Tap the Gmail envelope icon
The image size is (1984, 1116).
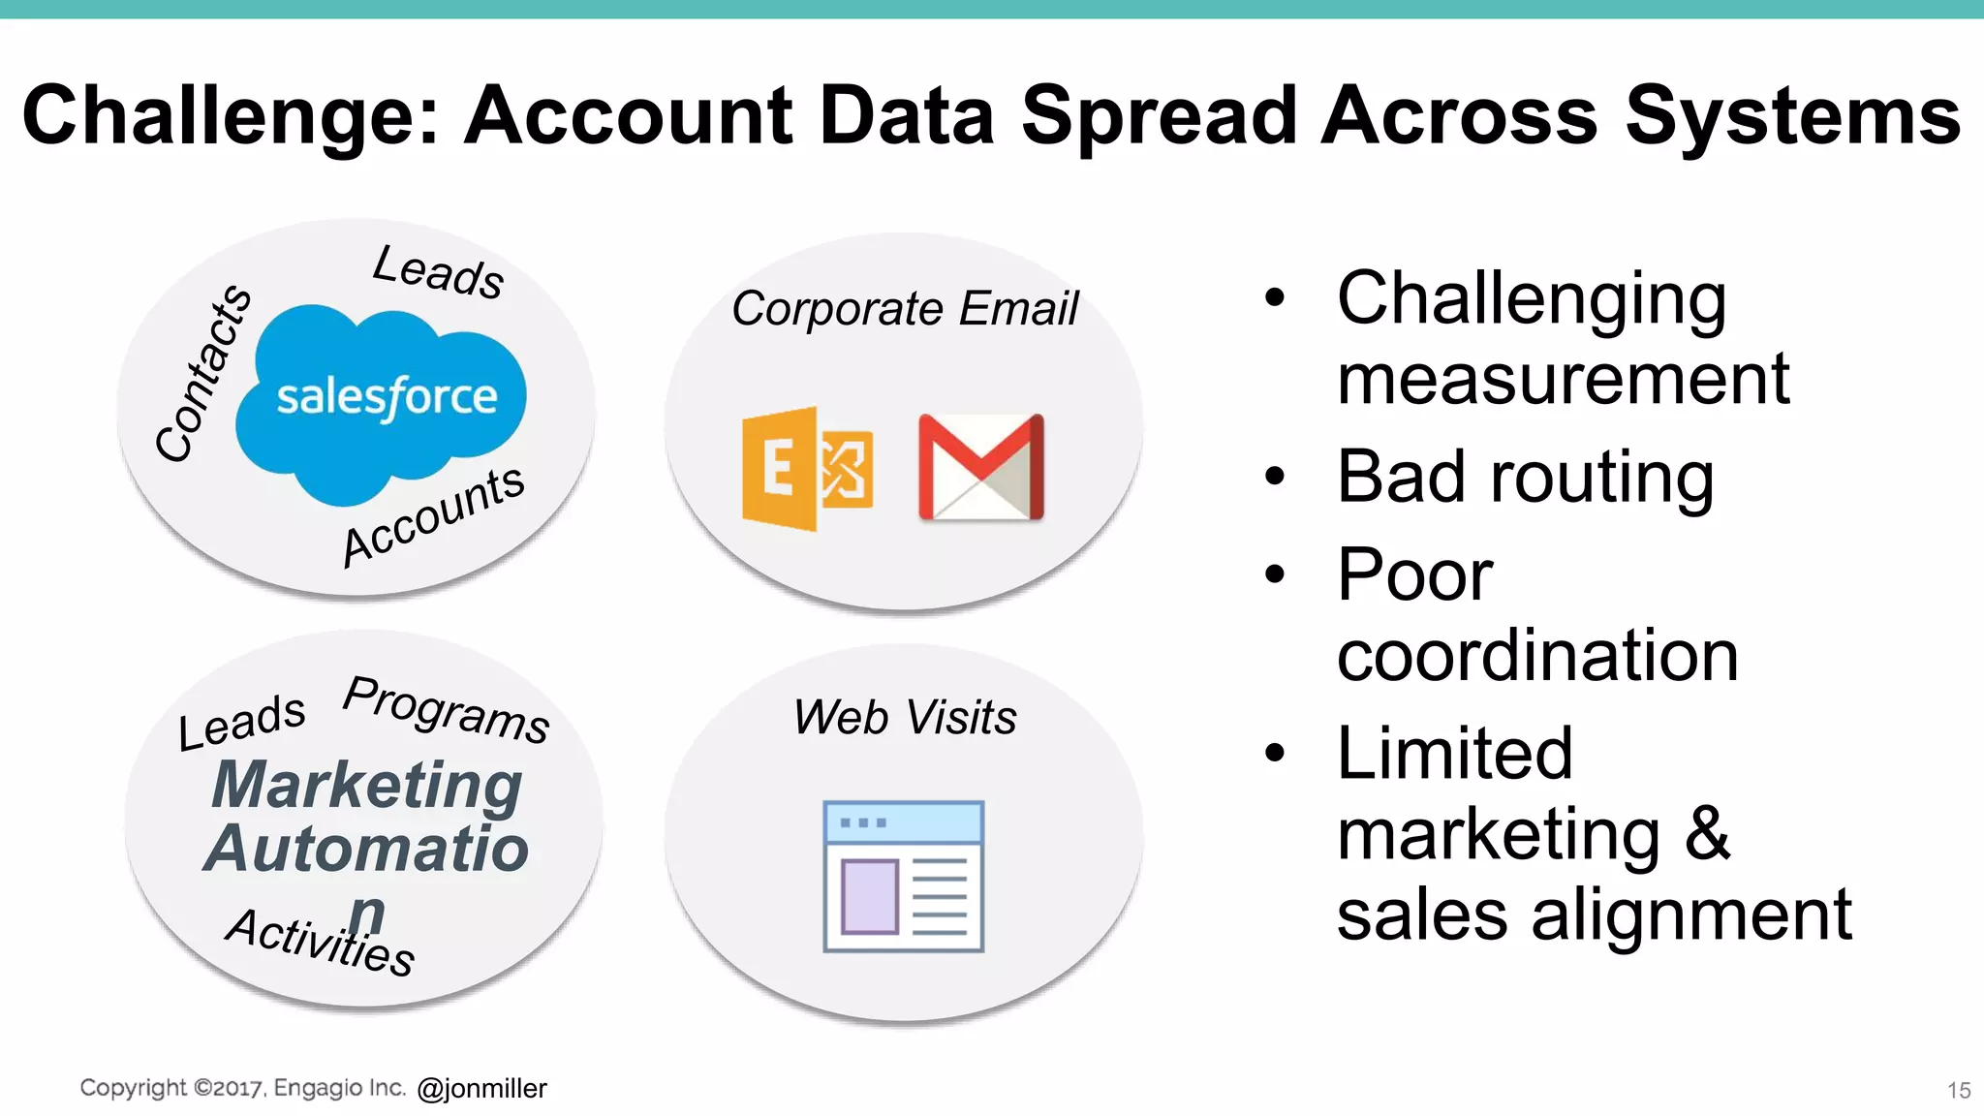coord(980,467)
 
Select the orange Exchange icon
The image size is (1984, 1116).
coord(806,469)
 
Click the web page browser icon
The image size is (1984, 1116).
coord(903,876)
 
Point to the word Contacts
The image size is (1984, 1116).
coord(203,373)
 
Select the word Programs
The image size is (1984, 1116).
coord(447,709)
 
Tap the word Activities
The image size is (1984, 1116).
coord(321,941)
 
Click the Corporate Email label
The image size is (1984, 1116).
coord(904,309)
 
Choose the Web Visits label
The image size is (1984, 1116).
coord(905,718)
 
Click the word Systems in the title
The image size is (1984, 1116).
coord(1792,116)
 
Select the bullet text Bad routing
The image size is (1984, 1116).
coord(1525,477)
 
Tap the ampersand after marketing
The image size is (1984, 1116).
coord(1707,833)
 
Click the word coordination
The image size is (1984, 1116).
coord(1537,656)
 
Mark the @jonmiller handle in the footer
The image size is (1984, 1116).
coord(481,1089)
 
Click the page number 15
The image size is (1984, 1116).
coord(1959,1091)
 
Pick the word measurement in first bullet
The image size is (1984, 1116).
coord(1563,379)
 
